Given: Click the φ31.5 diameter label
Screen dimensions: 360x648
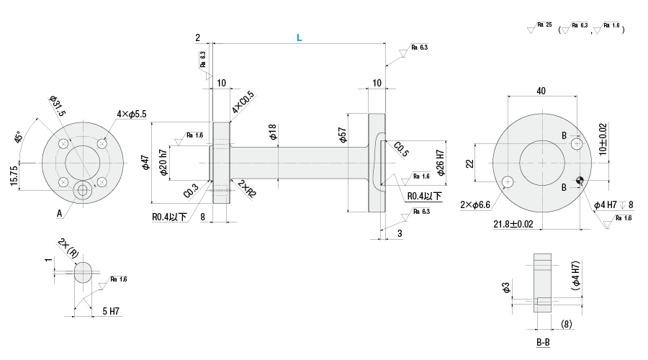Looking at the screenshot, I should (58, 105).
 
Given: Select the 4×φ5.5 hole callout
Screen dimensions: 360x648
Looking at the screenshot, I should (132, 114).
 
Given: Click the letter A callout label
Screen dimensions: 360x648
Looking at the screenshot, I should (58, 213).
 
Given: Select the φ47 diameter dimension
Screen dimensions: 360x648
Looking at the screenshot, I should (145, 163).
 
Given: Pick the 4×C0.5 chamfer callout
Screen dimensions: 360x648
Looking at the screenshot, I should (243, 104).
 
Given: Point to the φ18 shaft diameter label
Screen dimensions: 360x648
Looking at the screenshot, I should (272, 132).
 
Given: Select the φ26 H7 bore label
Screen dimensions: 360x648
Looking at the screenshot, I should (441, 164).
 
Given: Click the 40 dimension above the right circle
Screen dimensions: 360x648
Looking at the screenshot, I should (541, 91).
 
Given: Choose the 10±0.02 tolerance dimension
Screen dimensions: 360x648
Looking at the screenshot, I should (603, 138).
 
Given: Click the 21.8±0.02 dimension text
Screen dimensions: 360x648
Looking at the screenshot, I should (513, 225).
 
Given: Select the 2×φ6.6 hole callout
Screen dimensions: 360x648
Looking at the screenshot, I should (475, 205).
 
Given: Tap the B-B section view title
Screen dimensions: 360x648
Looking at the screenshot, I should (543, 342).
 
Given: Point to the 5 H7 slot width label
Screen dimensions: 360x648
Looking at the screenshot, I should (110, 311).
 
